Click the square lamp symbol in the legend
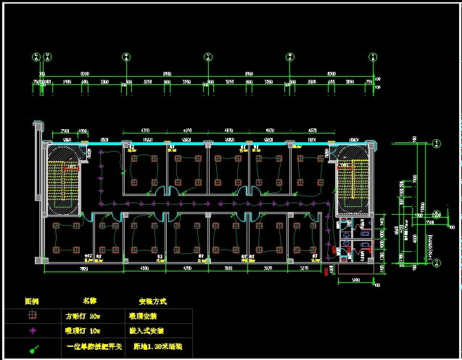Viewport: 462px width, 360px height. pyautogui.click(x=31, y=316)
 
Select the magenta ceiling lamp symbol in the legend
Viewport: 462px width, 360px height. pyautogui.click(x=31, y=332)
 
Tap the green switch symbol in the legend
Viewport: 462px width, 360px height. pyautogui.click(x=33, y=349)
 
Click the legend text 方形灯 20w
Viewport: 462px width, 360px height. pyautogui.click(x=81, y=316)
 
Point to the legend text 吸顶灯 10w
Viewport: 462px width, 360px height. pyautogui.click(x=81, y=332)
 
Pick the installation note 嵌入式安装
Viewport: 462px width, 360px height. pyautogui.click(x=148, y=332)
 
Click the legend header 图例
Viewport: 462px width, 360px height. pyautogui.click(x=32, y=300)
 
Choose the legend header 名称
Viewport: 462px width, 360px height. pyautogui.click(x=89, y=300)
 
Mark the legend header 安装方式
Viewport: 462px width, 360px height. pyautogui.click(x=152, y=300)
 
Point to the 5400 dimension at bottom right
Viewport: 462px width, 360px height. pyautogui.click(x=355, y=280)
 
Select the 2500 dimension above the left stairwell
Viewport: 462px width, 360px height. pyautogui.click(x=65, y=129)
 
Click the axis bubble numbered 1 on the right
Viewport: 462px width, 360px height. pyautogui.click(x=437, y=142)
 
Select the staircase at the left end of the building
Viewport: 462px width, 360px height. pyautogui.click(x=65, y=178)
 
